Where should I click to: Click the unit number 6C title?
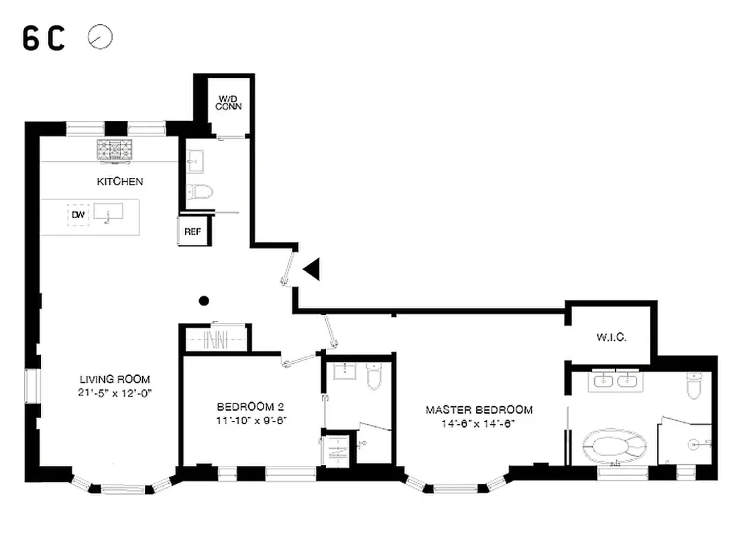(44, 39)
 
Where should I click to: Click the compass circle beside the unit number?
(100, 38)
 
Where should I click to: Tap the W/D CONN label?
(229, 103)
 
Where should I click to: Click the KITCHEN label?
(120, 181)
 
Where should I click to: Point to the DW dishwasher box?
(78, 215)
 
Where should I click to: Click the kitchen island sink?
(108, 213)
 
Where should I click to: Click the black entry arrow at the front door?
(312, 270)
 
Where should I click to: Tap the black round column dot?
(205, 301)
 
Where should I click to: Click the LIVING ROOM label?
(115, 379)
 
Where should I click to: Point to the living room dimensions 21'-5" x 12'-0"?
(115, 393)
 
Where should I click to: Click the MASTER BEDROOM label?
(479, 409)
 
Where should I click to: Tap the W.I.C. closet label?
(610, 337)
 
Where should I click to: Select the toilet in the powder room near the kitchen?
(199, 192)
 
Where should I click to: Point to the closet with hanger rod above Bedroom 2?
(215, 339)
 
